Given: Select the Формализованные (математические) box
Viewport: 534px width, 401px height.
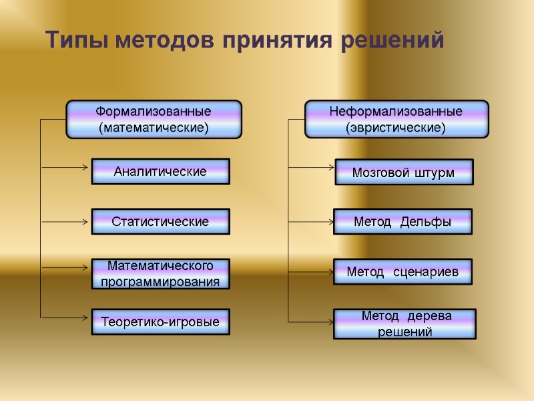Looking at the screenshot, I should [x=154, y=119].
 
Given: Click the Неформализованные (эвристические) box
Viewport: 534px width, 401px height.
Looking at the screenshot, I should [x=396, y=119].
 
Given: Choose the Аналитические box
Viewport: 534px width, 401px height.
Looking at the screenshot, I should [x=160, y=171].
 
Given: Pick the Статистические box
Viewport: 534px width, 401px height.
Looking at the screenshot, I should [x=160, y=221].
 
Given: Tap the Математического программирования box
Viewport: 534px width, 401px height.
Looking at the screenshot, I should [x=160, y=273].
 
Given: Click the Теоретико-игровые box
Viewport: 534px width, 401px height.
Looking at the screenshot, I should [x=160, y=322].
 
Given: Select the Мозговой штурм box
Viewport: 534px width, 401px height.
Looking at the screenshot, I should [x=403, y=172].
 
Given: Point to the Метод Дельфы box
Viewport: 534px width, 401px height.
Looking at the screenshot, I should [x=403, y=222].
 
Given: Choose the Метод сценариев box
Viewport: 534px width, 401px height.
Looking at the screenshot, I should [x=403, y=272].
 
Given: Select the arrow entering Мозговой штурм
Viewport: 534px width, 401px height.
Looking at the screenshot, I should [x=310, y=167].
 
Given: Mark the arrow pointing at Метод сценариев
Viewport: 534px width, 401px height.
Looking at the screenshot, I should [x=310, y=272].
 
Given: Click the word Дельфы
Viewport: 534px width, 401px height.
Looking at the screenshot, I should [x=426, y=222].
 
